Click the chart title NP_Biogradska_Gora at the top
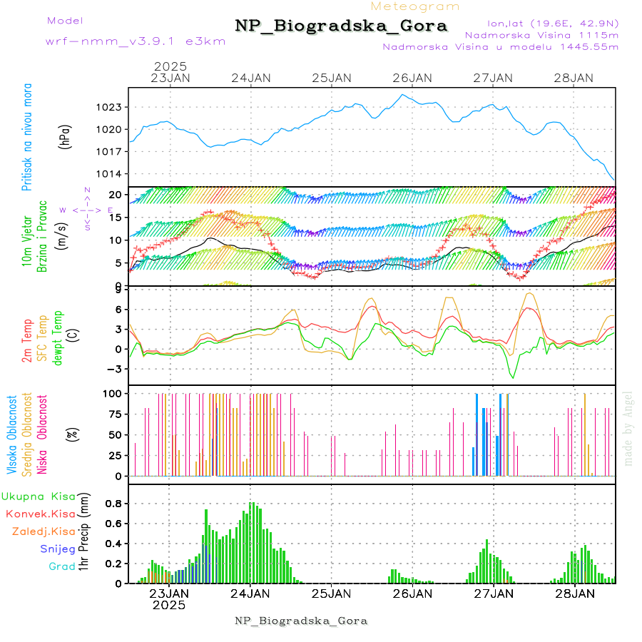341,26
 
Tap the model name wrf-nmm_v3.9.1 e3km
136,41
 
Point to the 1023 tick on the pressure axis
111,107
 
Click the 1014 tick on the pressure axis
111,174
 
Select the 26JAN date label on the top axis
412,78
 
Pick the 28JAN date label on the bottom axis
574,593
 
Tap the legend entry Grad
62,566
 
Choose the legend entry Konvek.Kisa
41,514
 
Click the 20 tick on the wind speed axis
114,195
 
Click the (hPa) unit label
65,137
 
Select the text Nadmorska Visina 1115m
541,34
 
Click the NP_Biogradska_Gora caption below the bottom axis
301,621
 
